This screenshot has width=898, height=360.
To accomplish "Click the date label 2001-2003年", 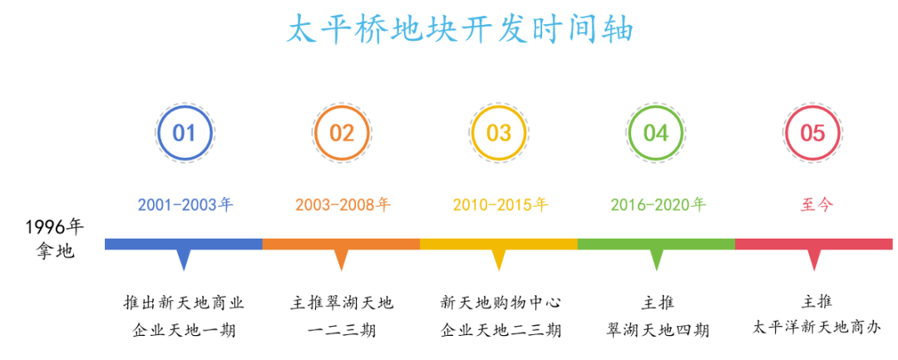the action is (185, 205).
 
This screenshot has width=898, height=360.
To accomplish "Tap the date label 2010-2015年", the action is (501, 205).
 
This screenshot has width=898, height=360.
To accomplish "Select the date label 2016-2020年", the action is (658, 205).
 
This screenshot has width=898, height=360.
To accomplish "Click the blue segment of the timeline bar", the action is (183, 244).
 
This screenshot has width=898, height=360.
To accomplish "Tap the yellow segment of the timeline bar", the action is (499, 244).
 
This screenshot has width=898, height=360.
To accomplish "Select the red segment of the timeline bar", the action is (813, 244).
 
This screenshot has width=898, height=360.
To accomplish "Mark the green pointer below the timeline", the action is (656, 259).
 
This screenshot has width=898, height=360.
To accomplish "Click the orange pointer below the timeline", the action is (342, 259).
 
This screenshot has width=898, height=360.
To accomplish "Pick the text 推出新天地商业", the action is (184, 302).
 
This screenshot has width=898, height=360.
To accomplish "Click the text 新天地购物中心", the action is (500, 302).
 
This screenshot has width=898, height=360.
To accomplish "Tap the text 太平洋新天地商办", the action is (817, 329).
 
